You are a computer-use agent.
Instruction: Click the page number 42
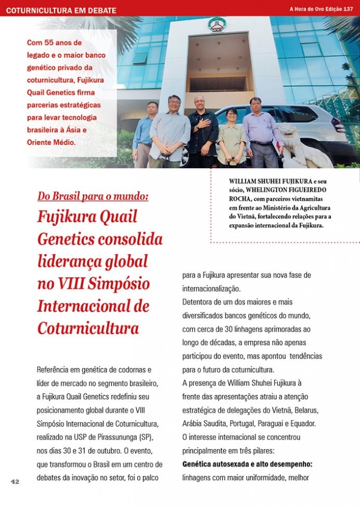click(15, 482)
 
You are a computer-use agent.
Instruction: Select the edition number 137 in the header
click(348, 9)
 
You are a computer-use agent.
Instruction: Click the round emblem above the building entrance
click(217, 24)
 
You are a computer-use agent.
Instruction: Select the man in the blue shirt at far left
click(144, 135)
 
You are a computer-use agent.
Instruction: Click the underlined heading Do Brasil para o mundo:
click(93, 196)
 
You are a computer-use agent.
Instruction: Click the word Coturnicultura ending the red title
click(88, 328)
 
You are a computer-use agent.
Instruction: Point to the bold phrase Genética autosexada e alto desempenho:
click(247, 464)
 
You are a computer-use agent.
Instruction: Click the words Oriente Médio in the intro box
click(50, 142)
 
